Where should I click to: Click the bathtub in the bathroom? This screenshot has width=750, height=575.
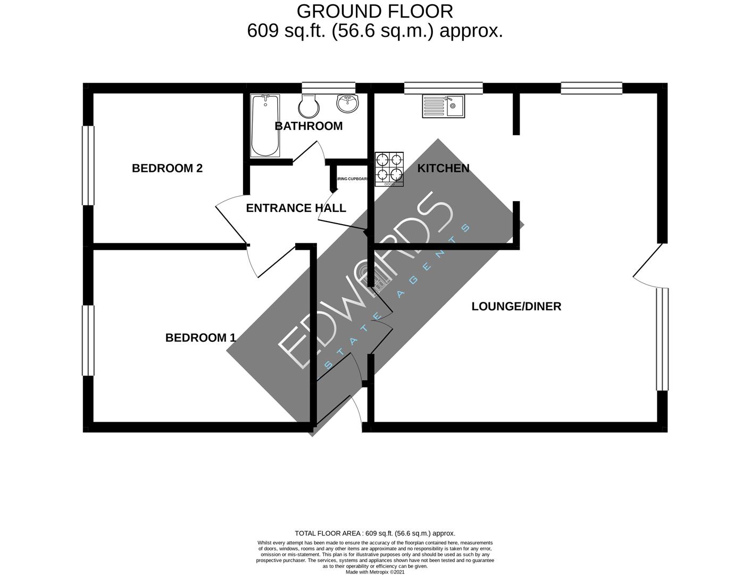265,126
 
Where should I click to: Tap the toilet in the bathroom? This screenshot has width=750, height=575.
309,106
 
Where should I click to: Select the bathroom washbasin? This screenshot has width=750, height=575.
348,103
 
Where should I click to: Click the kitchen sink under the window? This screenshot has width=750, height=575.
443,106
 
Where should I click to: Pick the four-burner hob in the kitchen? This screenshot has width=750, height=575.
389,169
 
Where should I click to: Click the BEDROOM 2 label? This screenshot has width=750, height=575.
167,168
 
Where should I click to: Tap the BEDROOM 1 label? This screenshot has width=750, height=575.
201,338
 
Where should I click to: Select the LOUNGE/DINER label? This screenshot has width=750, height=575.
516,306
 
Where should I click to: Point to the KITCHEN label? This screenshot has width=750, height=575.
443,168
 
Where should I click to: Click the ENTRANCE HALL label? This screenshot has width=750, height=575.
296,208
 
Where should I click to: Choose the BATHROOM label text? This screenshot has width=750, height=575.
309,126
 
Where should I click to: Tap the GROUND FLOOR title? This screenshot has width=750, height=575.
374,11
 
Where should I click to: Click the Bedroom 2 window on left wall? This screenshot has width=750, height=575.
88,165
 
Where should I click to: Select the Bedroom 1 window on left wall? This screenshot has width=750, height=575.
88,340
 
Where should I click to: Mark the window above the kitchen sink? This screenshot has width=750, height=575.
443,88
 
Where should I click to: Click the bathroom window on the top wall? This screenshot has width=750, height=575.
328,88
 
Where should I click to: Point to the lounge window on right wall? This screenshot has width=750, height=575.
662,339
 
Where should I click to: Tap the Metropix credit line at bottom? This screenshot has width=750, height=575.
374,572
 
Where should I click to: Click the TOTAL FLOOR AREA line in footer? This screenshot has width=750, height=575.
374,533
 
